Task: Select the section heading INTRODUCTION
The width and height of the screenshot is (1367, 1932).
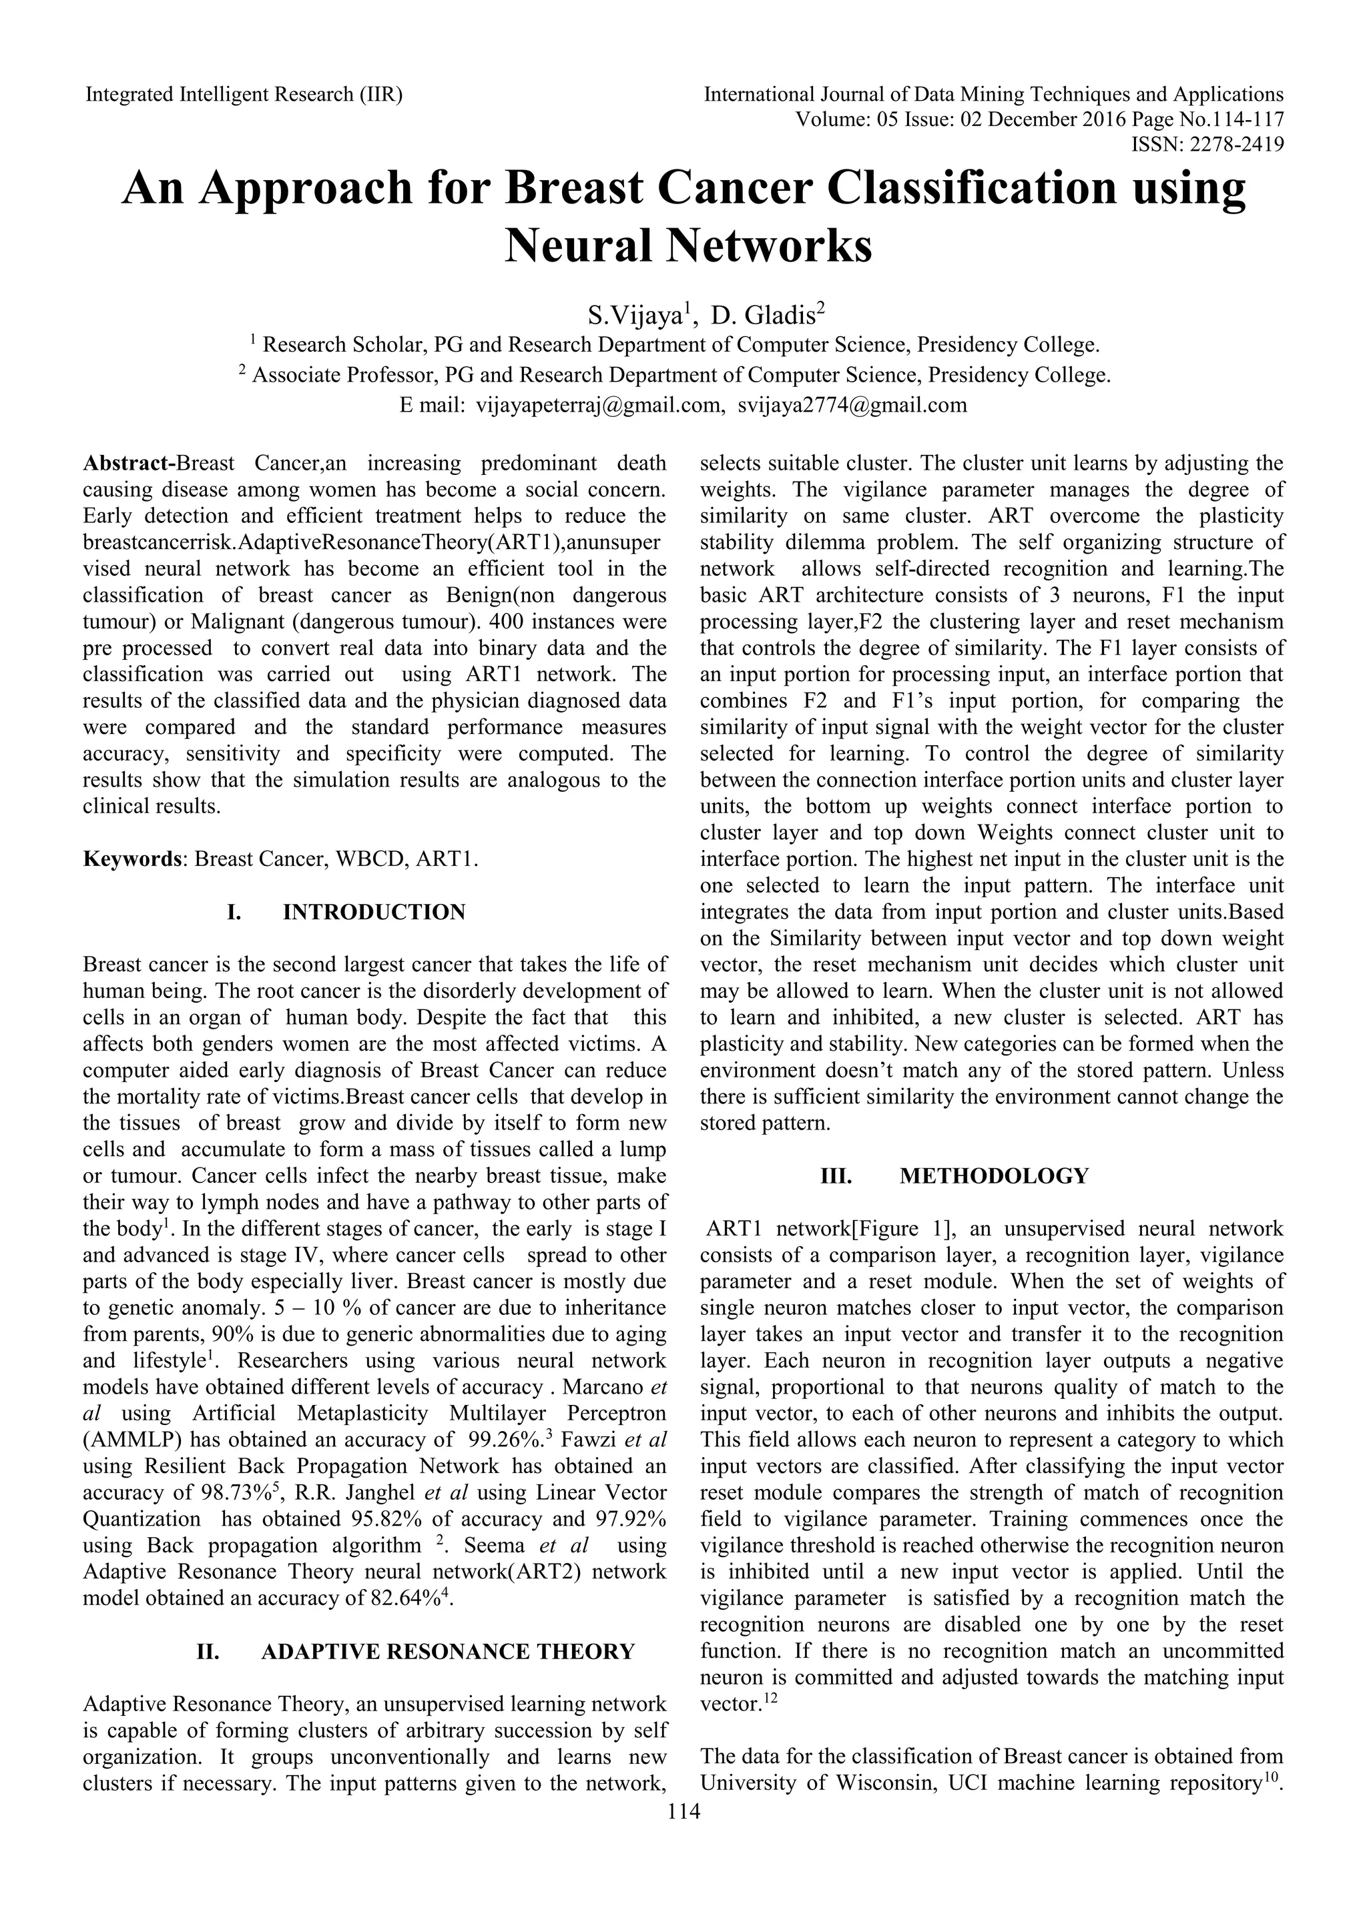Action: (x=374, y=912)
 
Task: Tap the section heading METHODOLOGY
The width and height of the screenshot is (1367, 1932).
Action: (x=993, y=1175)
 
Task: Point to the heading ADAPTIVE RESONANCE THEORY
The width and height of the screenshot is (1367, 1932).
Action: (x=448, y=1652)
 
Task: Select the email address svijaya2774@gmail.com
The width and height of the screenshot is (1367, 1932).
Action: (x=852, y=406)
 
